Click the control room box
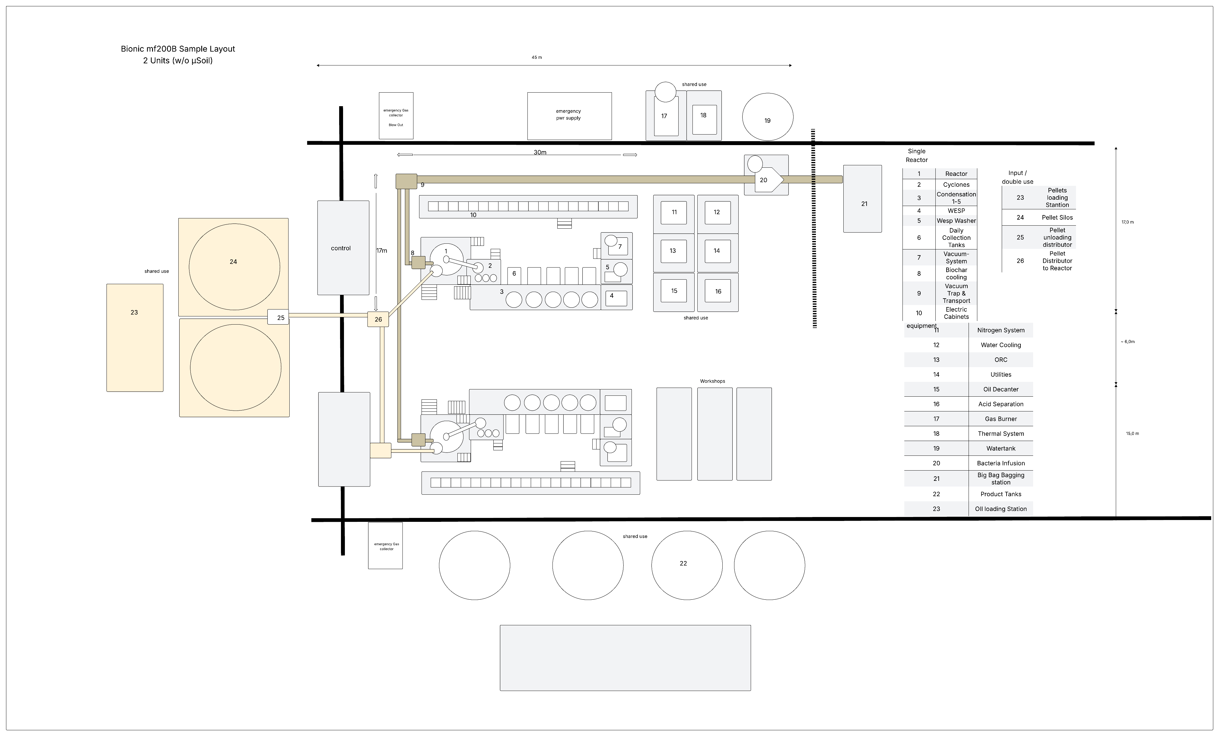[x=343, y=248]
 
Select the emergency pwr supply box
[x=569, y=116]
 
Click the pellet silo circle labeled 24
[x=234, y=267]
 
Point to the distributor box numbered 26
[x=378, y=319]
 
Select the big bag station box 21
[x=862, y=199]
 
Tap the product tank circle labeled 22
[x=687, y=565]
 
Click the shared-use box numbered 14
[x=717, y=253]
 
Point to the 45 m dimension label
[x=537, y=57]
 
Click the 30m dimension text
[x=540, y=152]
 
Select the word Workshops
[x=712, y=381]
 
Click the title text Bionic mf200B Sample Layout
[x=178, y=49]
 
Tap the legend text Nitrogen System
[x=1001, y=330]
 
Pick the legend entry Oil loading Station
[x=1001, y=509]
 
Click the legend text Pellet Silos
[x=1057, y=218]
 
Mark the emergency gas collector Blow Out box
[x=396, y=116]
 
